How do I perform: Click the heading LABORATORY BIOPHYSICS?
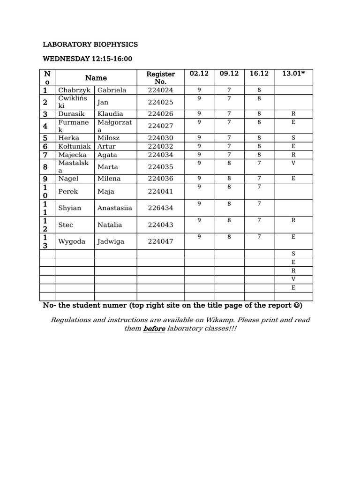click(x=90, y=45)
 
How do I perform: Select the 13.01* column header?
click(x=293, y=74)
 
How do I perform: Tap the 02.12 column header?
click(x=199, y=74)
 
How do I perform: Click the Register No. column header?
click(x=161, y=77)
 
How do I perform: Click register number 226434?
click(x=161, y=208)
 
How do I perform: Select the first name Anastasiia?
click(x=115, y=208)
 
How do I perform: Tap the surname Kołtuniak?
click(x=75, y=146)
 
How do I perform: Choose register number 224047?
click(x=161, y=241)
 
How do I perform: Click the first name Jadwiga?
click(x=112, y=241)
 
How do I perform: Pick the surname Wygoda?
click(x=71, y=241)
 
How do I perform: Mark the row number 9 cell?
click(x=46, y=179)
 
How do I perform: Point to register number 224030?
click(x=161, y=138)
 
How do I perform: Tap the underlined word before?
click(x=154, y=329)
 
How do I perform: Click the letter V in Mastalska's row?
click(x=293, y=163)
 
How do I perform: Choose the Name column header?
click(x=96, y=78)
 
